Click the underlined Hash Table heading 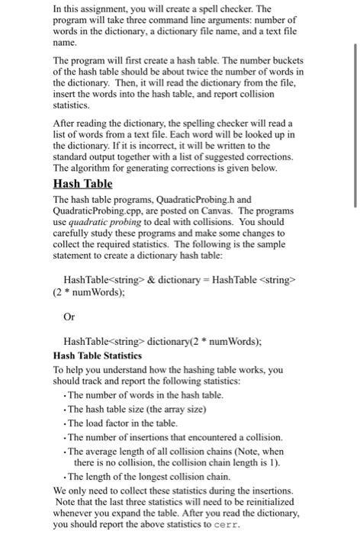click(x=82, y=184)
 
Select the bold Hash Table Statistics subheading click(x=98, y=355)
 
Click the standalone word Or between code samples click(x=69, y=315)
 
